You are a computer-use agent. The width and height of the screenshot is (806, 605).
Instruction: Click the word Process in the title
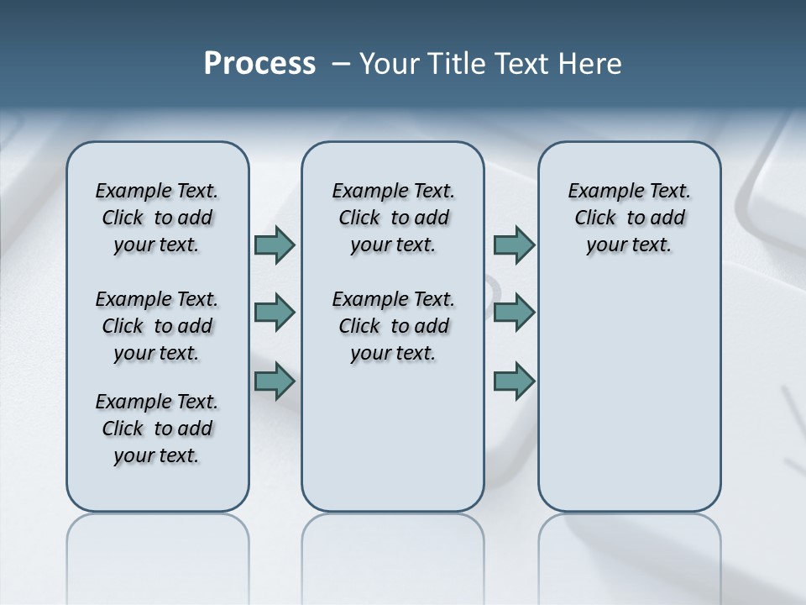pyautogui.click(x=259, y=64)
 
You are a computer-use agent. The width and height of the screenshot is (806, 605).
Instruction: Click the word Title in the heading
pyautogui.click(x=457, y=64)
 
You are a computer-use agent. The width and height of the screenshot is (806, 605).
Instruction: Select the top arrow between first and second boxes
pyautogui.click(x=275, y=245)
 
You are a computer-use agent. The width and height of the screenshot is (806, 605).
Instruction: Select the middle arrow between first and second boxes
pyautogui.click(x=275, y=313)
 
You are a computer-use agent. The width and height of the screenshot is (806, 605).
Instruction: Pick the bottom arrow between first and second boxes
pyautogui.click(x=275, y=381)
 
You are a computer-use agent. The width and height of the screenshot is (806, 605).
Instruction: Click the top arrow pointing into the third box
pyautogui.click(x=514, y=245)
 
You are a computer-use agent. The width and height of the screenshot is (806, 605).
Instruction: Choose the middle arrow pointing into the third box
pyautogui.click(x=514, y=313)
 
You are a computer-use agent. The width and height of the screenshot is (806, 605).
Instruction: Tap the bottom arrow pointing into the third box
pyautogui.click(x=514, y=381)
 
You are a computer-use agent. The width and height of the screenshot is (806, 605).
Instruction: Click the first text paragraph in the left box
pyautogui.click(x=157, y=218)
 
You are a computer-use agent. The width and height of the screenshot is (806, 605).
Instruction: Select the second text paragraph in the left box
pyautogui.click(x=157, y=326)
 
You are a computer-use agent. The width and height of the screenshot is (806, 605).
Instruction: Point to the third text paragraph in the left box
pyautogui.click(x=157, y=429)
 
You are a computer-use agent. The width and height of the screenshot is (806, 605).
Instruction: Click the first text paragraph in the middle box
pyautogui.click(x=393, y=218)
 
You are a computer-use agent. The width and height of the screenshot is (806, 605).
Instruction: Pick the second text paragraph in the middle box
pyautogui.click(x=393, y=326)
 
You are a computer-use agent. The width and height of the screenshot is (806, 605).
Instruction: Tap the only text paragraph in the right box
pyautogui.click(x=629, y=218)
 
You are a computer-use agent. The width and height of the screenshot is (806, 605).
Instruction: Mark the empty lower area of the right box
pyautogui.click(x=629, y=395)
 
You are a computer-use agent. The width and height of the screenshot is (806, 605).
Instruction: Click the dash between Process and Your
pyautogui.click(x=339, y=64)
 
